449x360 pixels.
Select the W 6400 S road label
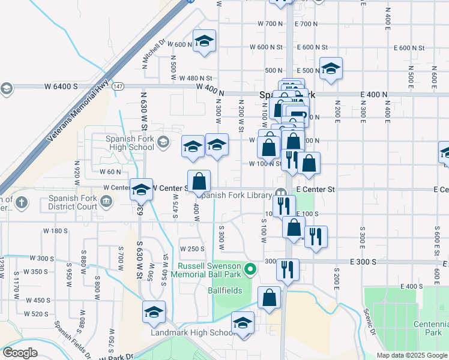pyautogui.click(x=61, y=86)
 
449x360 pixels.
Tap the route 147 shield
pyautogui.click(x=118, y=86)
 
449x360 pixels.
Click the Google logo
pyautogui.click(x=20, y=353)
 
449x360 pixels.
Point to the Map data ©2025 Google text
pyautogui.click(x=412, y=355)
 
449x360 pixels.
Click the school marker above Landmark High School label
pyautogui.click(x=243, y=323)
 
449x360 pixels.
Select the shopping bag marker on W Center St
pyautogui.click(x=199, y=181)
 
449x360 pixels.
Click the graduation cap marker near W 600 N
pyautogui.click(x=204, y=41)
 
